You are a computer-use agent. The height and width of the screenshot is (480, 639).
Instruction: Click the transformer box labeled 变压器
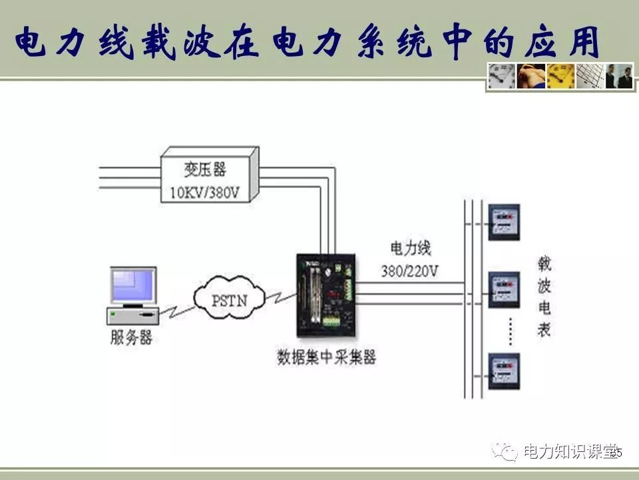coord(206,175)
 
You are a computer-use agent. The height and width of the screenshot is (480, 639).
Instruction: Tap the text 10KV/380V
coord(206,193)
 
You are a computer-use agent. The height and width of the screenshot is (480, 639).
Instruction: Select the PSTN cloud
coord(229,299)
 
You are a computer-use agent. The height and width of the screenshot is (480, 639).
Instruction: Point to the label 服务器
coord(131,337)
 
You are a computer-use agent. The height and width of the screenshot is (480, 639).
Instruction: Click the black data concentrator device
coord(327,293)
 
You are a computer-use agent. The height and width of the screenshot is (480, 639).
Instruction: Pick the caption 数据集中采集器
coord(326,357)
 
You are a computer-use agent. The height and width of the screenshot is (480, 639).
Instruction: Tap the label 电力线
coord(411,249)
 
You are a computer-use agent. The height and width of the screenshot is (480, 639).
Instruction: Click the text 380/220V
coord(410,271)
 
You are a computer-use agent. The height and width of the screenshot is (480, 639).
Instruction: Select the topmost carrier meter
coord(504,222)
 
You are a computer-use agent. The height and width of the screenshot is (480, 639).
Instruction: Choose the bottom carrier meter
coord(504,372)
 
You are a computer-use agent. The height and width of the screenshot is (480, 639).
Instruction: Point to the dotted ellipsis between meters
coord(509,331)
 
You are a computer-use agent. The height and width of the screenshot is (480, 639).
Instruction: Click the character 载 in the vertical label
coord(544,265)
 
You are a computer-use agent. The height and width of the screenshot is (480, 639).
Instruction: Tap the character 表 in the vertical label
coord(544,329)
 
